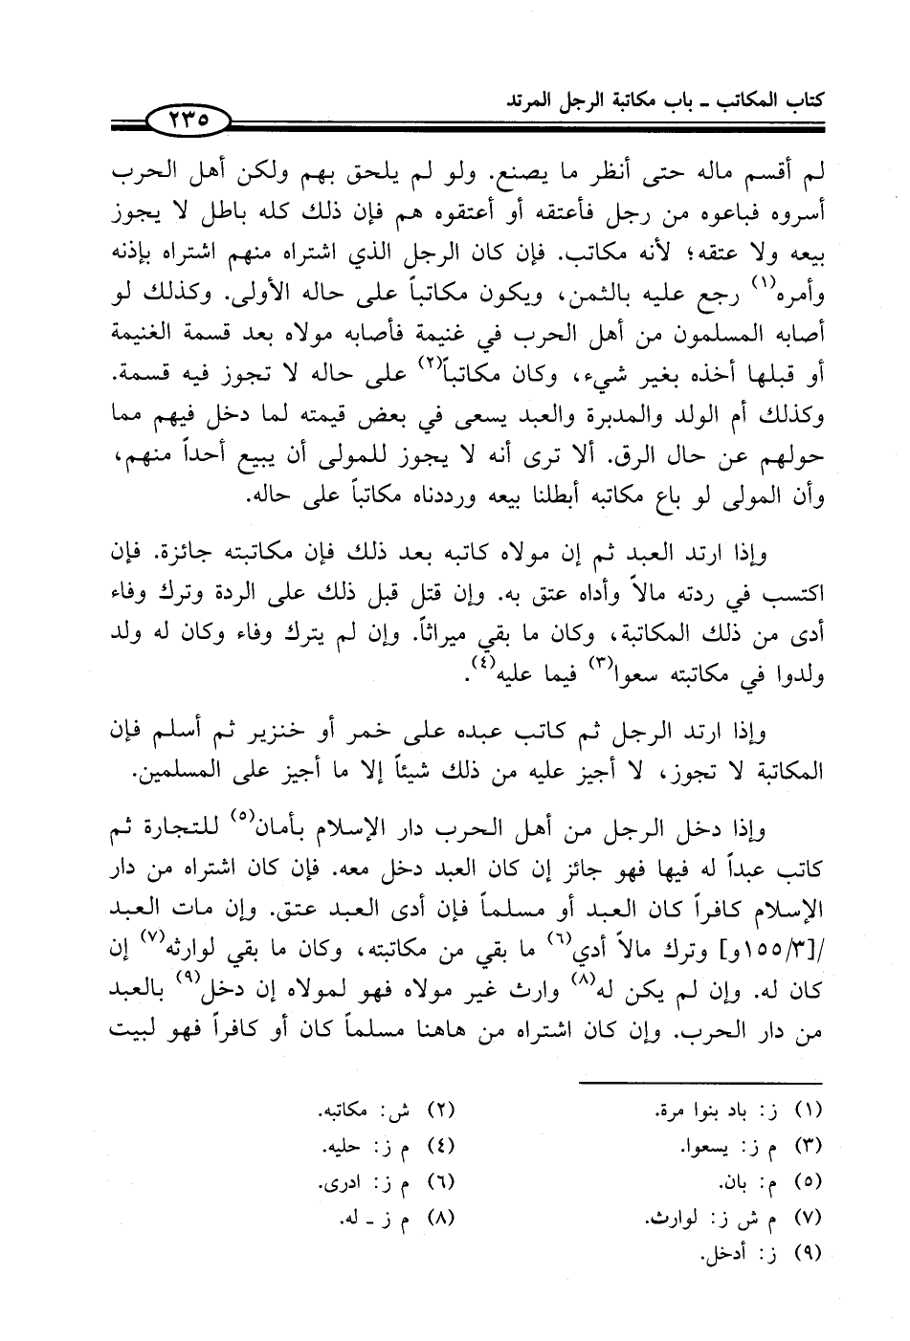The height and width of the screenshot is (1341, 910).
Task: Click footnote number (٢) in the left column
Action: pos(436,1112)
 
